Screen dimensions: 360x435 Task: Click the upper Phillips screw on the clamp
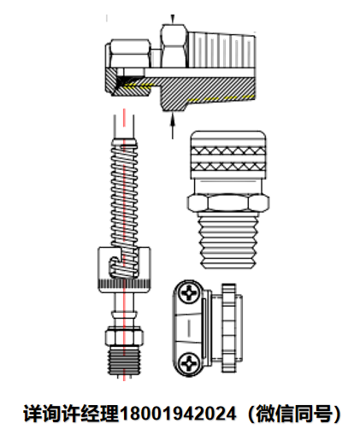189,293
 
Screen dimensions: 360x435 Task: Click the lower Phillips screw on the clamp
189,362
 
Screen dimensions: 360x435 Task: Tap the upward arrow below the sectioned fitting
172,126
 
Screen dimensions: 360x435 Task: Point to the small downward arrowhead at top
172,19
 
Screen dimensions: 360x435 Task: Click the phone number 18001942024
178,414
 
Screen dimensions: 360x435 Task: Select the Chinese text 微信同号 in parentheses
294,414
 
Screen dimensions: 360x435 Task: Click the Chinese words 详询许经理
71,414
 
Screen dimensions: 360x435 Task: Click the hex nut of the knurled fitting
228,203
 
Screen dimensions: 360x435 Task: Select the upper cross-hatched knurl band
228,150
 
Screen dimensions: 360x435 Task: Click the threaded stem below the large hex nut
227,240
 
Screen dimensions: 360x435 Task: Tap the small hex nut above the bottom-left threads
124,337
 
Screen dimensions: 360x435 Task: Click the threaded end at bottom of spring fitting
124,361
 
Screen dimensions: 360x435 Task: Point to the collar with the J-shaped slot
124,270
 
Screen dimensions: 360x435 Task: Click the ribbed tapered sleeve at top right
221,50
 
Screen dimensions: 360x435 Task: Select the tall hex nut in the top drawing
174,46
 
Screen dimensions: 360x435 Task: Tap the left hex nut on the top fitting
130,54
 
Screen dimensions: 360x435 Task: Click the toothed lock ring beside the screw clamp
229,328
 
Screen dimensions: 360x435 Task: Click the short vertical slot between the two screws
188,327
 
